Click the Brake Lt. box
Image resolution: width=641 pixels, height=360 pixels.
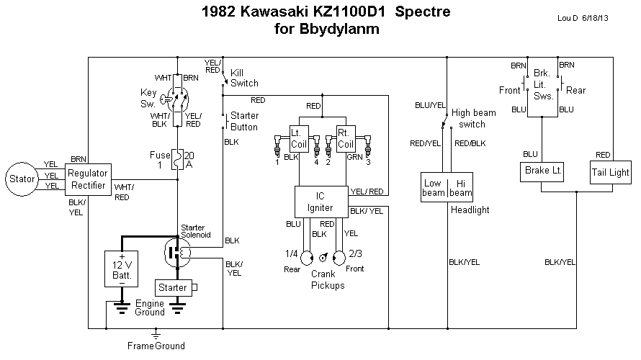point(542,173)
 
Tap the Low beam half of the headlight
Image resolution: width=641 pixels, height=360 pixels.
point(434,188)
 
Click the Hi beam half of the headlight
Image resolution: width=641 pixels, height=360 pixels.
point(460,188)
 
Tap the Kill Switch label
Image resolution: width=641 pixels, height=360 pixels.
point(244,78)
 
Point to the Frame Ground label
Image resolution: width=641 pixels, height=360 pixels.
point(156,346)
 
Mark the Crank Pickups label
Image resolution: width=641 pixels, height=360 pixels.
point(328,280)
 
